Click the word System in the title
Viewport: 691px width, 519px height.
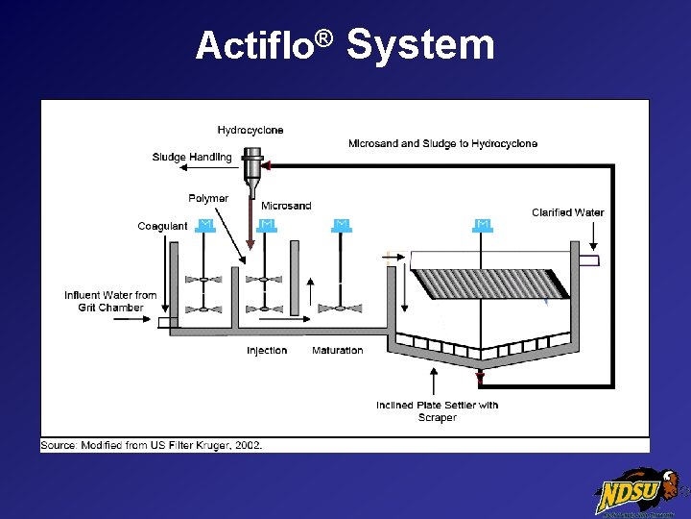419,44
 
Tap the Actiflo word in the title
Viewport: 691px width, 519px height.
254,45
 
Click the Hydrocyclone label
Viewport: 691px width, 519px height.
250,130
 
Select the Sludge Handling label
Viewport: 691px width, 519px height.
192,157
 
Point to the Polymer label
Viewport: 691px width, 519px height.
208,198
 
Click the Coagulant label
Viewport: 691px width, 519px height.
163,226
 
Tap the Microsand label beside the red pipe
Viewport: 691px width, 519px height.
286,206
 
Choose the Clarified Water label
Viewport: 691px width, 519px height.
568,212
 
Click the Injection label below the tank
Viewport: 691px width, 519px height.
267,350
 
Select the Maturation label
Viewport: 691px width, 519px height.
338,350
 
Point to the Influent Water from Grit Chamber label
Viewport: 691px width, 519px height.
110,301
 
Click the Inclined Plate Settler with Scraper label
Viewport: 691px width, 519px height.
438,410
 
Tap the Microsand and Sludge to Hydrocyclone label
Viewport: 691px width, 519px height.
442,143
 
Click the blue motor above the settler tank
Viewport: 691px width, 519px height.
483,226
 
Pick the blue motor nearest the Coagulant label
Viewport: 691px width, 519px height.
204,226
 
